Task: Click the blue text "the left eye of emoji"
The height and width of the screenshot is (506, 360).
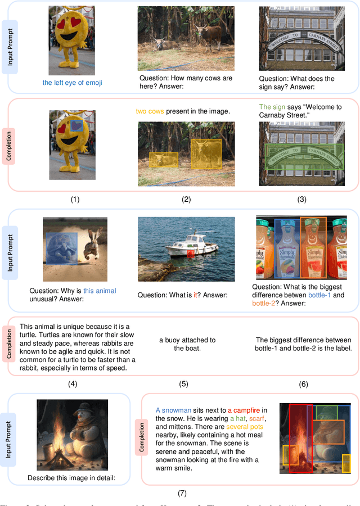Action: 72,83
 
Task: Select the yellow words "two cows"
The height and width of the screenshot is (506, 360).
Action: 150,111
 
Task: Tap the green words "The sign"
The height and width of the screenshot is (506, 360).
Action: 272,106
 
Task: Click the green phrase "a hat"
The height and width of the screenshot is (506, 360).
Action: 237,418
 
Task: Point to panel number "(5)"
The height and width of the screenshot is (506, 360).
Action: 183,384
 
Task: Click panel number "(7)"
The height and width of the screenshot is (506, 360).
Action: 182,493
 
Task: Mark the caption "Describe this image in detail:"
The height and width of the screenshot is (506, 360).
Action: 72,478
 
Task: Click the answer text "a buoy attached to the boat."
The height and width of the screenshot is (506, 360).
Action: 187,344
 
